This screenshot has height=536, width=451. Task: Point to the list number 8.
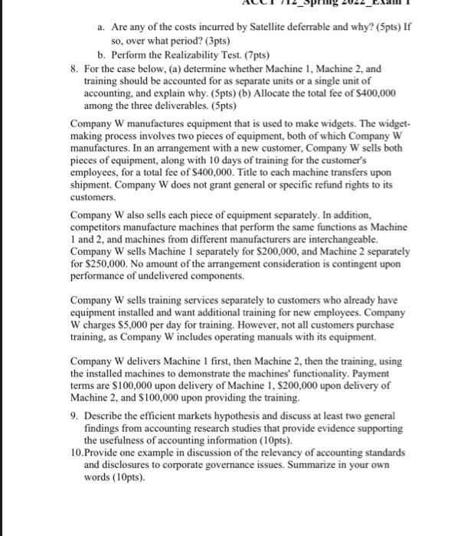point(74,68)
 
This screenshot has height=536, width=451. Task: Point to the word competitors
point(97,228)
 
